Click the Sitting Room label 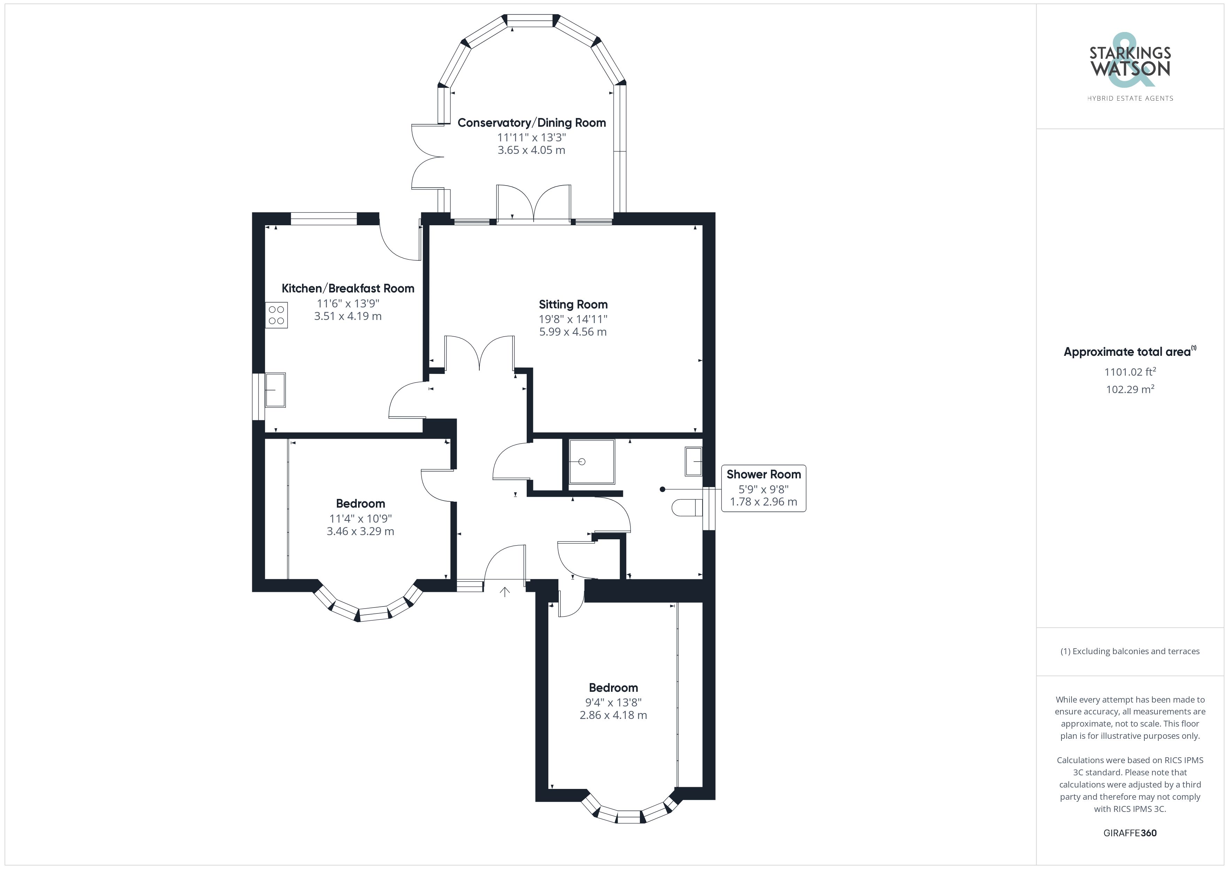[x=573, y=305]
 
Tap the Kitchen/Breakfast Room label [x=348, y=288]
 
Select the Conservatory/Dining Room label [x=532, y=123]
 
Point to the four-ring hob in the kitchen [x=276, y=315]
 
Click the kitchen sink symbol [x=275, y=390]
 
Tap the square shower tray [x=592, y=462]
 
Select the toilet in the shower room [x=687, y=507]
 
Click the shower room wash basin [x=694, y=461]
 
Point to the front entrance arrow [x=505, y=592]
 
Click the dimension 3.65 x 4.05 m [x=532, y=150]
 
